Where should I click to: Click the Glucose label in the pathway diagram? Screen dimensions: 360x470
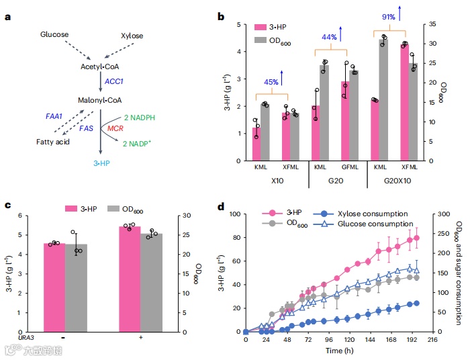(x=54, y=34)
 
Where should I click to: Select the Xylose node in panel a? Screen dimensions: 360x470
(x=132, y=34)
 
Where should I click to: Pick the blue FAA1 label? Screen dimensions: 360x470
(x=54, y=116)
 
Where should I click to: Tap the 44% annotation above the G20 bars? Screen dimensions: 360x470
(x=329, y=37)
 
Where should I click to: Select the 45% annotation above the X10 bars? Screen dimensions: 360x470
(x=271, y=82)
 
